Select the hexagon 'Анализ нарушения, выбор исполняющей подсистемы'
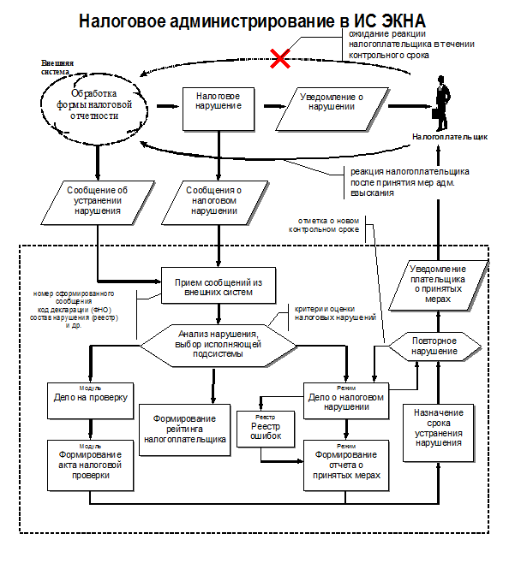click(218, 343)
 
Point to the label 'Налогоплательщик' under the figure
click(449, 136)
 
